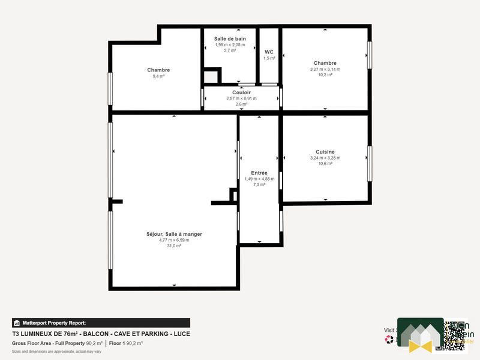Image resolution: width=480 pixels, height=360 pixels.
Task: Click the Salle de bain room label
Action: tap(230, 38)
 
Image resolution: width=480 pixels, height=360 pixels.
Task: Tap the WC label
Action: tap(269, 52)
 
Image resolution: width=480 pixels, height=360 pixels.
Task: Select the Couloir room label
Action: tap(241, 92)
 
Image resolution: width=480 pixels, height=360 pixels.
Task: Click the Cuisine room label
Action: tap(325, 152)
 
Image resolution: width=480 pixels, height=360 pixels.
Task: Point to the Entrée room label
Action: tap(259, 173)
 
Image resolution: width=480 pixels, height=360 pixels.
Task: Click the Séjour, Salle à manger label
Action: tap(174, 234)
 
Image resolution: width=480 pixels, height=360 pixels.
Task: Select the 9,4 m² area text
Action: tap(158, 76)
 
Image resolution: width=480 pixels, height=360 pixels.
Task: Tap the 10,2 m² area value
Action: tap(325, 75)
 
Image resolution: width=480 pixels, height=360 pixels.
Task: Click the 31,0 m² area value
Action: tap(174, 246)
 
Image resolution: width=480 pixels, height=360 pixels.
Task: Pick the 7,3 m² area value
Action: tap(259, 185)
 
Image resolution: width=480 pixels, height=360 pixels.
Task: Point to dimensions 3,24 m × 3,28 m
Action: tap(325, 158)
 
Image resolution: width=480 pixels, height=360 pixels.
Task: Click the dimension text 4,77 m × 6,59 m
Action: tap(174, 240)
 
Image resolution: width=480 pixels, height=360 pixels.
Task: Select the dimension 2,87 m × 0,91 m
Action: tap(241, 98)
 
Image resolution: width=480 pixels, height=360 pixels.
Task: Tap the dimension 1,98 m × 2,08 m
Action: tap(230, 45)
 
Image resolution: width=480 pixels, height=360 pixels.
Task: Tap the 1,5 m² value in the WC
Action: tap(269, 58)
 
